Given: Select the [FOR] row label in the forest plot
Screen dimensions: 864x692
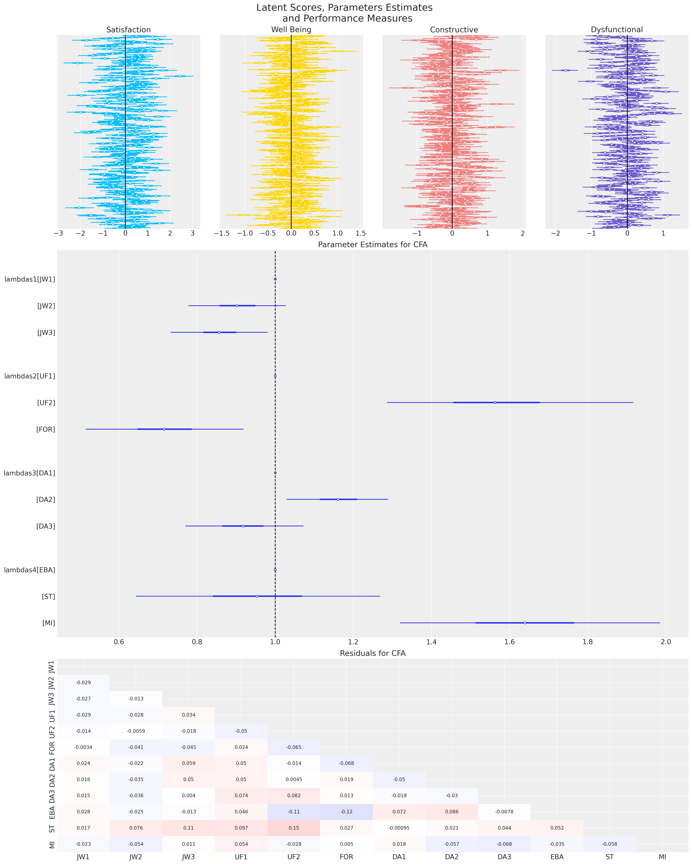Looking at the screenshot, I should click(46, 429).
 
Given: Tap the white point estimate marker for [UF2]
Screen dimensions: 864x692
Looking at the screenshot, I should click(495, 402).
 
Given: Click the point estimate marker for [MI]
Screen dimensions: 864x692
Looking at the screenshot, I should click(524, 623).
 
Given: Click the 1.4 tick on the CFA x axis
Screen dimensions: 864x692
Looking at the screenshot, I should click(431, 642).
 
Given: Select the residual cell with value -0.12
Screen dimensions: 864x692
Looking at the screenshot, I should click(346, 812).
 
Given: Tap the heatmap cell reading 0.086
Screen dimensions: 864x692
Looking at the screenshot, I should click(452, 812).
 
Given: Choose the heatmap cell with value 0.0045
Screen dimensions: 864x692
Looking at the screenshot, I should click(294, 779).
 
